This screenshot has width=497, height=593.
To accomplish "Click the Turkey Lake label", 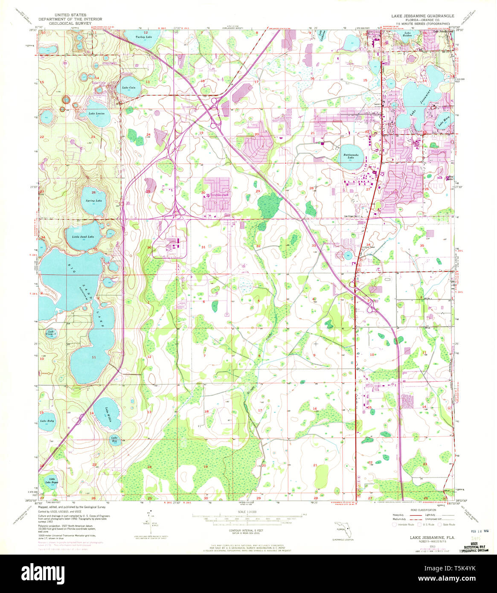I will tap(144, 38).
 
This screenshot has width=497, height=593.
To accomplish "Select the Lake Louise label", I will tap(96, 114).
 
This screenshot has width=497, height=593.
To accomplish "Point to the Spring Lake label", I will tap(93, 201).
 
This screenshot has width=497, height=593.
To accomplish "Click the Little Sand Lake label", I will tap(83, 236).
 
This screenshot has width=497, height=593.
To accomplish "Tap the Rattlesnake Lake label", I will tap(350, 156).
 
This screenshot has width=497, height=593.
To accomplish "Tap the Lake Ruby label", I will tap(47, 421).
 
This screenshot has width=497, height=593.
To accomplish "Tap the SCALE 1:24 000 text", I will tap(248, 512).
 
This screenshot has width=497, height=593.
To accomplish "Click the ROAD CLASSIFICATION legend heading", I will tap(424, 510).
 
